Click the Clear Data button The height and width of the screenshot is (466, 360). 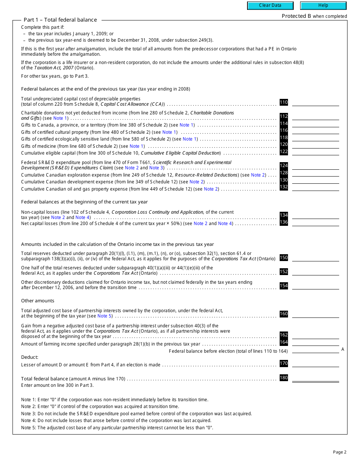coord(270,6)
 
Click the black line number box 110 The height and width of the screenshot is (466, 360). coord(284,102)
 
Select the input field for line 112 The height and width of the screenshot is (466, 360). coord(315,117)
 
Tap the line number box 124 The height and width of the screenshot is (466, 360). coord(284,166)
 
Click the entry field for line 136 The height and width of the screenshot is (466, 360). coord(315,222)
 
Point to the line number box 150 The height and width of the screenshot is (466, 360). coord(284,258)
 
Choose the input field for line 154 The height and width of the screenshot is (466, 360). coord(315,286)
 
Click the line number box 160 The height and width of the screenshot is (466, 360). coord(284,314)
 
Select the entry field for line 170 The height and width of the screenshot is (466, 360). coord(315,364)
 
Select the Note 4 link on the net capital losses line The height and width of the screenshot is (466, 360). coord(223,224)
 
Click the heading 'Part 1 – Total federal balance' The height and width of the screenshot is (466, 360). coord(60,20)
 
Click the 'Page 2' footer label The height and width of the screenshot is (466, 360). coord(340,452)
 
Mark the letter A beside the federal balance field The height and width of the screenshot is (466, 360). coord(343,349)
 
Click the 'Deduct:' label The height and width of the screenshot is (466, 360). coord(30,357)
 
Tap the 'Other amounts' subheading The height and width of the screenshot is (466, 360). coord(38,301)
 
